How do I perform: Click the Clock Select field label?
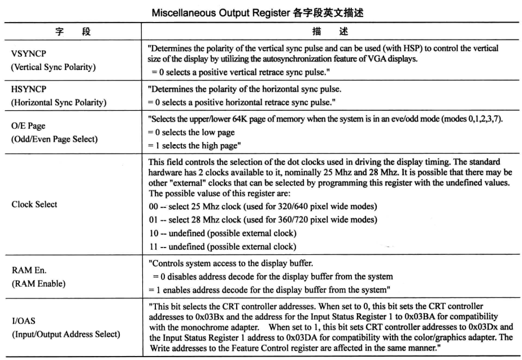point(34,205)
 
